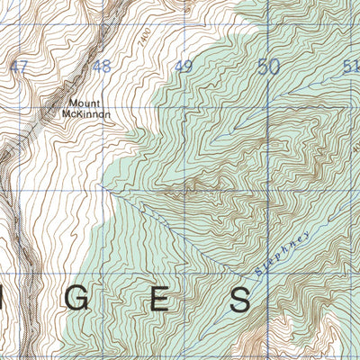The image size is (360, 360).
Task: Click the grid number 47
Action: [19, 67]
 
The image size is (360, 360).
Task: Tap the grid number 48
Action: [101, 67]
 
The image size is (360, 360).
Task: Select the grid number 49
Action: [184, 67]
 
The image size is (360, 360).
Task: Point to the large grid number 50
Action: [268, 67]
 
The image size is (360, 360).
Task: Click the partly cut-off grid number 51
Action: [351, 67]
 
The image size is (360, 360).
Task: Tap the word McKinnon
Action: [87, 114]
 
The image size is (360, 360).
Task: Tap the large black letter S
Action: [240, 301]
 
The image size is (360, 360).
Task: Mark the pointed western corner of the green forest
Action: [102, 186]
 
